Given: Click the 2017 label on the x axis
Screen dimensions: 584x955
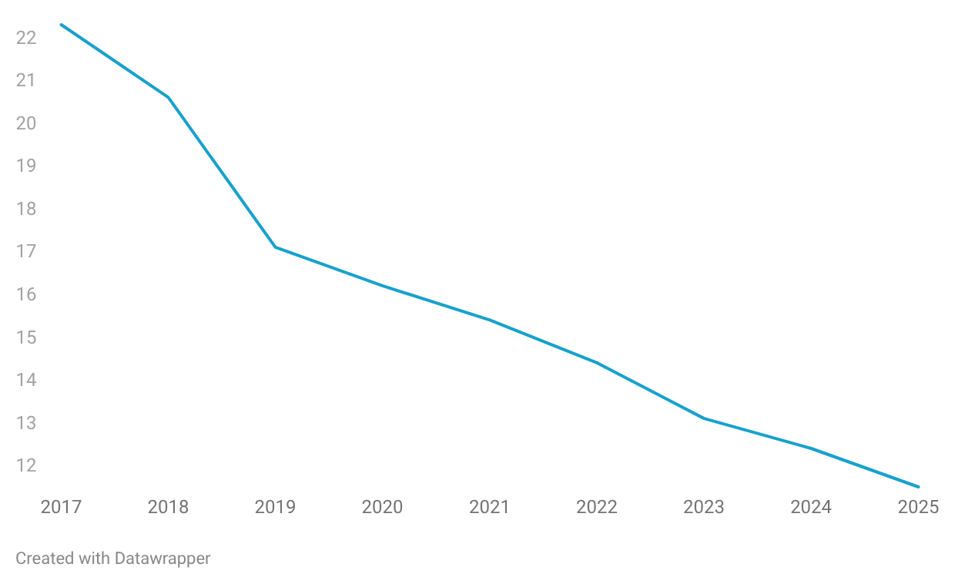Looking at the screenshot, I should pos(61,507).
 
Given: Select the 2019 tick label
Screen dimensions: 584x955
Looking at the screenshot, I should pos(275,507).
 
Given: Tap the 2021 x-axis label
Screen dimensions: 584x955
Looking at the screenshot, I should pos(489,507).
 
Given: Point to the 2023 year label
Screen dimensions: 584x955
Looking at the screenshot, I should pos(704,507).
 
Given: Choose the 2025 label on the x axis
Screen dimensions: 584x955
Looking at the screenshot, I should pos(918,507).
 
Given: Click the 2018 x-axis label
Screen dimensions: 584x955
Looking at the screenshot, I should pos(168,507).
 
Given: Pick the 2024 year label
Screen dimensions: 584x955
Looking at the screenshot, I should pos(811,507).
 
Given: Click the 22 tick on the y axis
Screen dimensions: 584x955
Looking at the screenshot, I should pos(26,38).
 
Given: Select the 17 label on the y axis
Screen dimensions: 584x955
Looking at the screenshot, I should pos(26,252).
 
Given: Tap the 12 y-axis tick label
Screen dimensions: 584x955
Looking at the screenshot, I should pos(26,466).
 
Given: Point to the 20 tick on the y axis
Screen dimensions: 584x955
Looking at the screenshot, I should pos(26,123).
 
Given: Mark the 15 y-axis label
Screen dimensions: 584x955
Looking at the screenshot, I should pos(26,337).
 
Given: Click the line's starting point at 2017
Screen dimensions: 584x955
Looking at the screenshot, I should pos(61,25).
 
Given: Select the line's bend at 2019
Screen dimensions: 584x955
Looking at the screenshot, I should pos(275,247).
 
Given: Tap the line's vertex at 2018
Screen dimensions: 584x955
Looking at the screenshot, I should pos(168,97).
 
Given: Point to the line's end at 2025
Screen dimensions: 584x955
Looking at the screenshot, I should pos(918,487).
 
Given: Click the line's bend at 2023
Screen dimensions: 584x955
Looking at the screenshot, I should pos(704,418).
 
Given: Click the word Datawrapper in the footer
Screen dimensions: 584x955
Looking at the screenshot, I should pos(163,559).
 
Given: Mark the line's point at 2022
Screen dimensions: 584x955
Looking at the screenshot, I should pos(597,362).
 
